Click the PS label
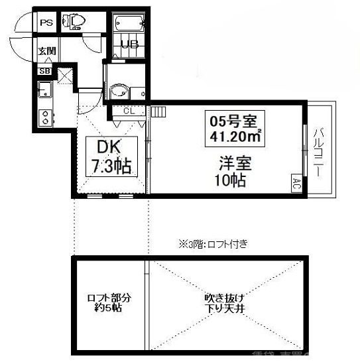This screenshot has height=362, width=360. tap(46, 23)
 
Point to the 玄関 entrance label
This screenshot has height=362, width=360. tap(46, 51)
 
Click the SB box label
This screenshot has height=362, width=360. tap(45, 71)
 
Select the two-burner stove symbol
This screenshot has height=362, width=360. tap(45, 117)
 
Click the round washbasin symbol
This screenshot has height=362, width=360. tap(119, 91)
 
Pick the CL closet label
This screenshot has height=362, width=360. tap(129, 111)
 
